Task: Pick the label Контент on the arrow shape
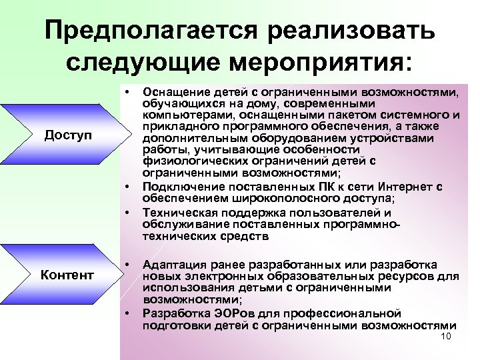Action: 66,274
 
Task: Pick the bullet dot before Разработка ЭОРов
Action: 125,311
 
